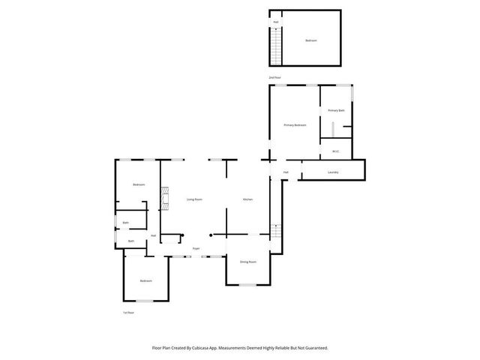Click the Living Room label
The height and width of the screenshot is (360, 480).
coord(194,199)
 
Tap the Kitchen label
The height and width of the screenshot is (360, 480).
coord(247,199)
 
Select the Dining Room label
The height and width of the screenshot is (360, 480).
coord(248,262)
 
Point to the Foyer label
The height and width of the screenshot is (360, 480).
coord(196,248)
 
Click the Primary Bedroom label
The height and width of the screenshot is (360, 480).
coord(295,125)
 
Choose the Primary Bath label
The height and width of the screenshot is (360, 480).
coord(336,110)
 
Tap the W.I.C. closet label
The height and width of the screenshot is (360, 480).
coord(336,151)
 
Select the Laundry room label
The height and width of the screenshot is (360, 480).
coord(333,172)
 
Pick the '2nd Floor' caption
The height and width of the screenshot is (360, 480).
coord(275,78)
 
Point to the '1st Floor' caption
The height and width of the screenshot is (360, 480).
coord(128,312)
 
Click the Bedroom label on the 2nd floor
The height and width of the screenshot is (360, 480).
coord(310,40)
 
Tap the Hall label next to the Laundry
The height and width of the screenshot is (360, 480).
coord(286,172)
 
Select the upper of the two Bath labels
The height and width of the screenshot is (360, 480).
coord(126,223)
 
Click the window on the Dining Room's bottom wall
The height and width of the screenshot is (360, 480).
coord(248,285)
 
